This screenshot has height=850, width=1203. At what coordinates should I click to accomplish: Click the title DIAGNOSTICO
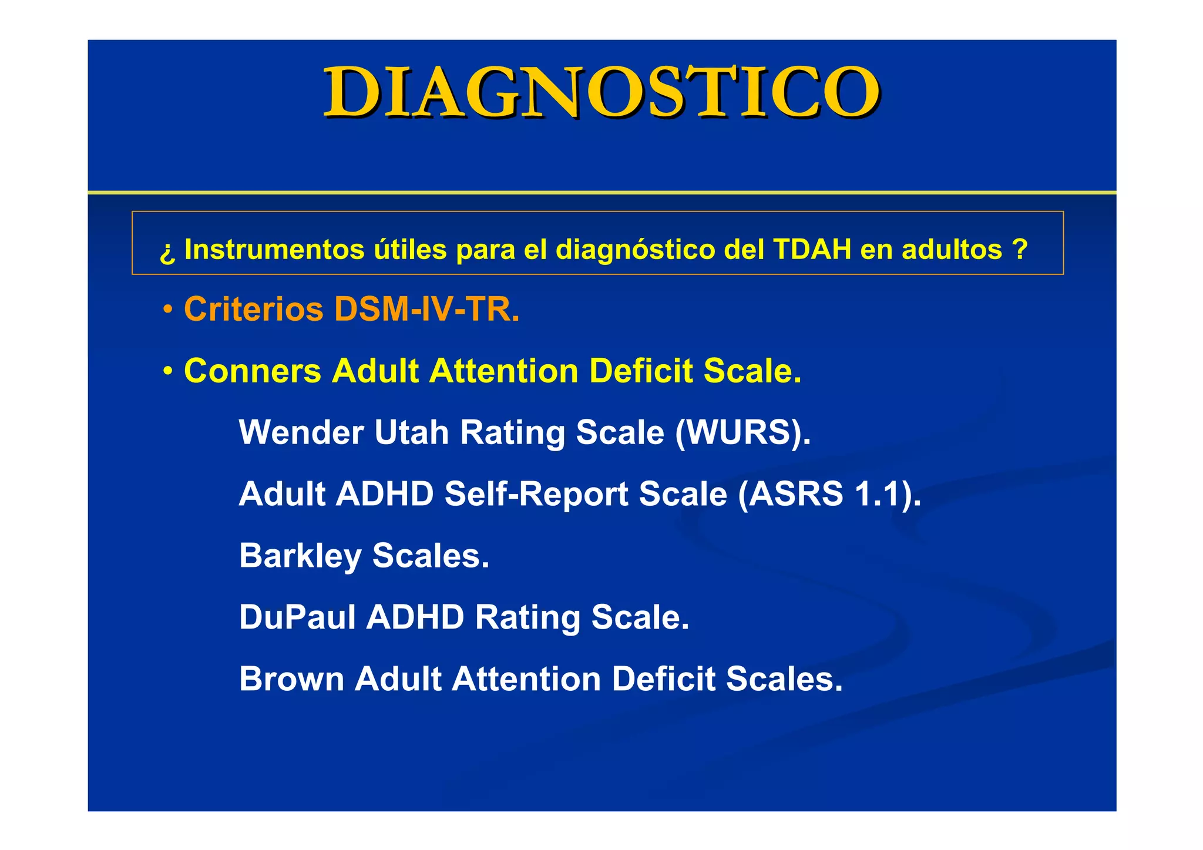(601, 93)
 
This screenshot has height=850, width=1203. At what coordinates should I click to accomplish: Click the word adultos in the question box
(952, 250)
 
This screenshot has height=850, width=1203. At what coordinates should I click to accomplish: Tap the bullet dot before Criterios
(168, 310)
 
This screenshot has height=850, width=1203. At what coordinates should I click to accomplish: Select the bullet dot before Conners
(168, 371)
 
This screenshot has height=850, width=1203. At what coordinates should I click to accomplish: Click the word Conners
(253, 371)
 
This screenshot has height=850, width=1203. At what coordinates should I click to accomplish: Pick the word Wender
(301, 432)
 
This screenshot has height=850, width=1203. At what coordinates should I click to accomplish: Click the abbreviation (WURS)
(742, 432)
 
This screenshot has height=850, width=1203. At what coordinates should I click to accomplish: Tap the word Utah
(411, 432)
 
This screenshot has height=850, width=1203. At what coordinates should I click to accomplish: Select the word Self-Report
(536, 494)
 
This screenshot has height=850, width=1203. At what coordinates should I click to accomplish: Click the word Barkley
(300, 556)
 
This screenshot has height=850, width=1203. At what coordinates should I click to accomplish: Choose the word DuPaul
(297, 617)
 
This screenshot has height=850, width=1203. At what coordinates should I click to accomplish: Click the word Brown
(291, 679)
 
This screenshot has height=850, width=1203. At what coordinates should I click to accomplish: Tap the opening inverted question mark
(167, 251)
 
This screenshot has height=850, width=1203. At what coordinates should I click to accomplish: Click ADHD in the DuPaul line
(415, 617)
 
